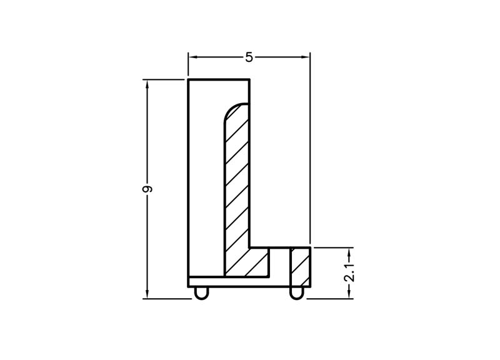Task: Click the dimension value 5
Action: point(249,57)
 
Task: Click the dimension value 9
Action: point(147,189)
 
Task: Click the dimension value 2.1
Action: point(350,272)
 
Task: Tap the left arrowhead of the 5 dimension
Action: point(194,57)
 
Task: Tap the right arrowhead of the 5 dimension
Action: point(305,57)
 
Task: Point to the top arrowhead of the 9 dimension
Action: point(147,84)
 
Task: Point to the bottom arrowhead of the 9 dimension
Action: point(147,294)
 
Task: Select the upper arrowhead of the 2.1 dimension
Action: point(350,252)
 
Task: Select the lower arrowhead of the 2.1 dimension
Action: point(350,294)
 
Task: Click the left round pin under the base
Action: point(201,293)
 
